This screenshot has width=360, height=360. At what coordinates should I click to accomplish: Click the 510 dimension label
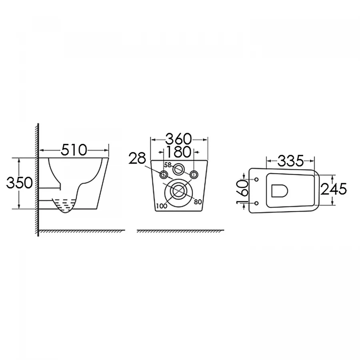pyautogui.click(x=74, y=150)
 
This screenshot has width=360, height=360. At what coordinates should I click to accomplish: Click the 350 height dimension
pyautogui.click(x=19, y=183)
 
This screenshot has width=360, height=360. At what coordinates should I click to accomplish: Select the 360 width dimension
pyautogui.click(x=178, y=139)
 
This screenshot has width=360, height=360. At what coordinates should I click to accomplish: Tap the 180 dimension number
pyautogui.click(x=178, y=152)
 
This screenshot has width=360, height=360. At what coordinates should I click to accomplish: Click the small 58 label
pyautogui.click(x=168, y=165)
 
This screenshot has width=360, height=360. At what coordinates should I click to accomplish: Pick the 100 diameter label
pyautogui.click(x=162, y=206)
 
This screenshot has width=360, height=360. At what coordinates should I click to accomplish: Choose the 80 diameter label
pyautogui.click(x=198, y=202)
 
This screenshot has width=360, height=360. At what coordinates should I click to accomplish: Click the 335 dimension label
pyautogui.click(x=291, y=161)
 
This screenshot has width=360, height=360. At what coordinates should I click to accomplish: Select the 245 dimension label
pyautogui.click(x=334, y=189)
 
